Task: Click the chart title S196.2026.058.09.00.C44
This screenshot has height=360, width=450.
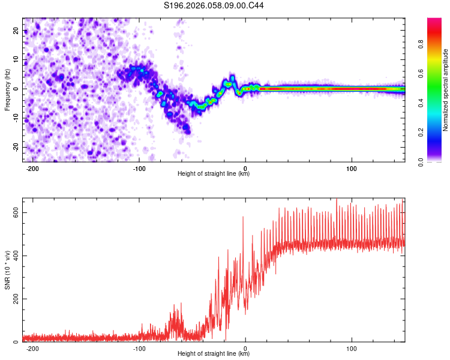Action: [x=214, y=6]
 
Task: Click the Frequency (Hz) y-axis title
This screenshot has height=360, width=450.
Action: [x=7, y=89]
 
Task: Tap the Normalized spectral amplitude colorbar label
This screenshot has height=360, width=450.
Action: [x=446, y=90]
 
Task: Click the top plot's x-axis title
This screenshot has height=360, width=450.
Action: [x=214, y=174]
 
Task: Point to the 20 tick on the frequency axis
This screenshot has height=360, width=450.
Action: [x=16, y=30]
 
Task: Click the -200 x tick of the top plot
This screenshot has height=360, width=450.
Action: [x=32, y=168]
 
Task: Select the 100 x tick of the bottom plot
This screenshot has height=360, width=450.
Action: [x=352, y=348]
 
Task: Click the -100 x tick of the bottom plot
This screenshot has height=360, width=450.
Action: [x=139, y=348]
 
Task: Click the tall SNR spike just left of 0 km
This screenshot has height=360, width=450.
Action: [x=243, y=218]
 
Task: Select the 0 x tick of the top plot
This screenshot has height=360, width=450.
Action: [x=245, y=168]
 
